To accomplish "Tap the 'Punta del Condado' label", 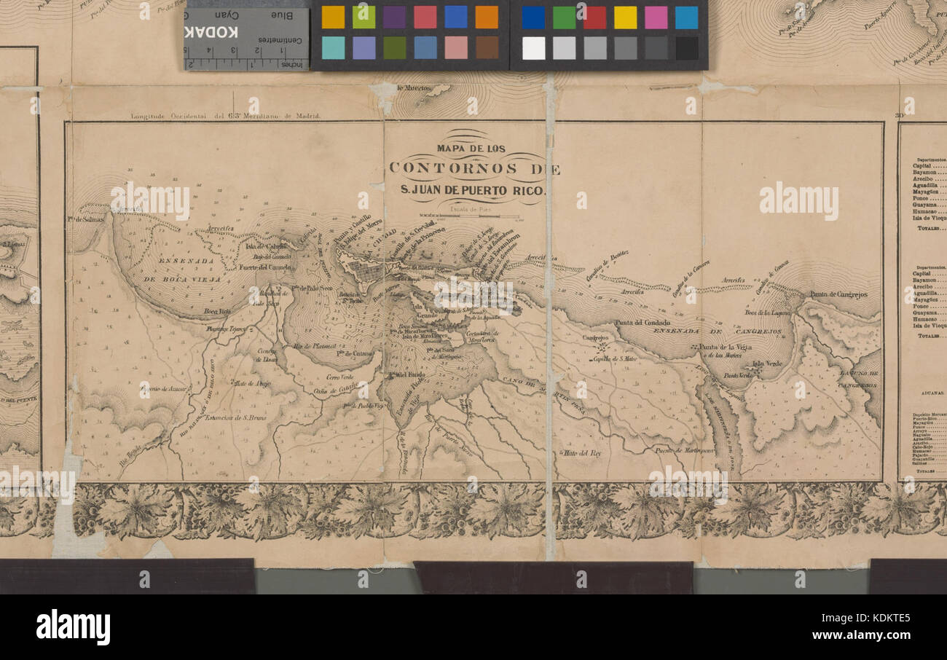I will [x=641, y=323].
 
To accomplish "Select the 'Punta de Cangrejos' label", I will [x=838, y=295].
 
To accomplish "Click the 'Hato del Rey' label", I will [x=580, y=453].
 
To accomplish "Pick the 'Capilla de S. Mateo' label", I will [x=616, y=358].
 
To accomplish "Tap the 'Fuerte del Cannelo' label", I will [x=265, y=267].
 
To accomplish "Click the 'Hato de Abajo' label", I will [x=251, y=382].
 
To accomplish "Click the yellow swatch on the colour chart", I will [x=624, y=17].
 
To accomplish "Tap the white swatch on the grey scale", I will [x=533, y=48].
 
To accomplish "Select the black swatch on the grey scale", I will [x=685, y=48].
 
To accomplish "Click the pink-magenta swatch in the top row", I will [x=655, y=17].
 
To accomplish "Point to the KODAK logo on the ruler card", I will [x=211, y=32].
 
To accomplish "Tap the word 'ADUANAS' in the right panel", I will [x=926, y=392].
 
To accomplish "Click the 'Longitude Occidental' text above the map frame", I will [x=178, y=116].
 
